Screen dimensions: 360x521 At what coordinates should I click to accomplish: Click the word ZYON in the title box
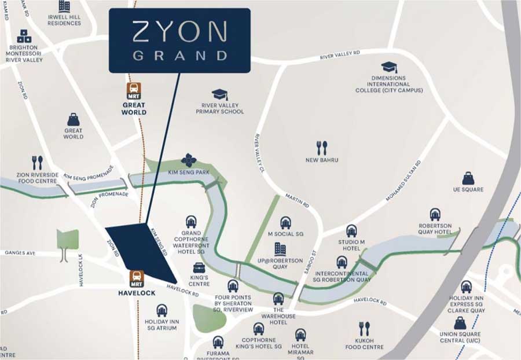[179, 32]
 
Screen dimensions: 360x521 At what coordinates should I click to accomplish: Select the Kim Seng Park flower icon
[189, 160]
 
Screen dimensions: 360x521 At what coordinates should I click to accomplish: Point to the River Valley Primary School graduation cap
[219, 94]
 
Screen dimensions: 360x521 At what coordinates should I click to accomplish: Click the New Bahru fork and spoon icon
[322, 148]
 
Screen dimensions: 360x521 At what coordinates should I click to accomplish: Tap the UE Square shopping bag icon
[468, 178]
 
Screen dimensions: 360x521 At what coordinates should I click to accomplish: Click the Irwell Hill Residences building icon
[64, 7]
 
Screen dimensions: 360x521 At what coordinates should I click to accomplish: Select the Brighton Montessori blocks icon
[24, 36]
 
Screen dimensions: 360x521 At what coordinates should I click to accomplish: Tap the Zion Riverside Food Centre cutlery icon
[38, 163]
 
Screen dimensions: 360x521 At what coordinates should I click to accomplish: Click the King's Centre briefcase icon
[199, 268]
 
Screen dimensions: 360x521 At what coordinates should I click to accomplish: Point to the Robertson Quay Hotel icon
[435, 215]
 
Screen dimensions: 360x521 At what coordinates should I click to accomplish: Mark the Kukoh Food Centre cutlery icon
[364, 329]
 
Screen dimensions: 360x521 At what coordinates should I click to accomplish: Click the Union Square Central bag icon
[460, 322]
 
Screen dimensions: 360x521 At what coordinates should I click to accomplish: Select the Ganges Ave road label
[19, 253]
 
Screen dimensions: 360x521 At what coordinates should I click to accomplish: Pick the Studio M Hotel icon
[351, 231]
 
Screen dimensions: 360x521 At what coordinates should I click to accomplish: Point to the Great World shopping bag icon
[74, 119]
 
